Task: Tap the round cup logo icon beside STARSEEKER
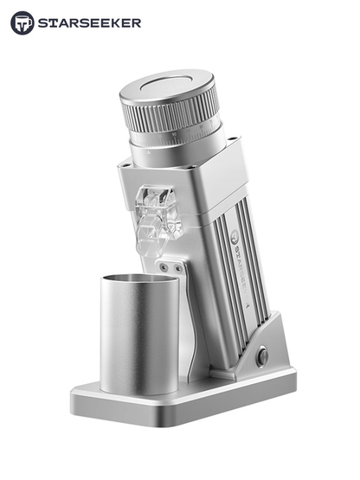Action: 22,23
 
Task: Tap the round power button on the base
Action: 262,355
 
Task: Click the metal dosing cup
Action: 138,333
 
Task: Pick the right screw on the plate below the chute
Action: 180,270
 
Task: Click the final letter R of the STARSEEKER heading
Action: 136,23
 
